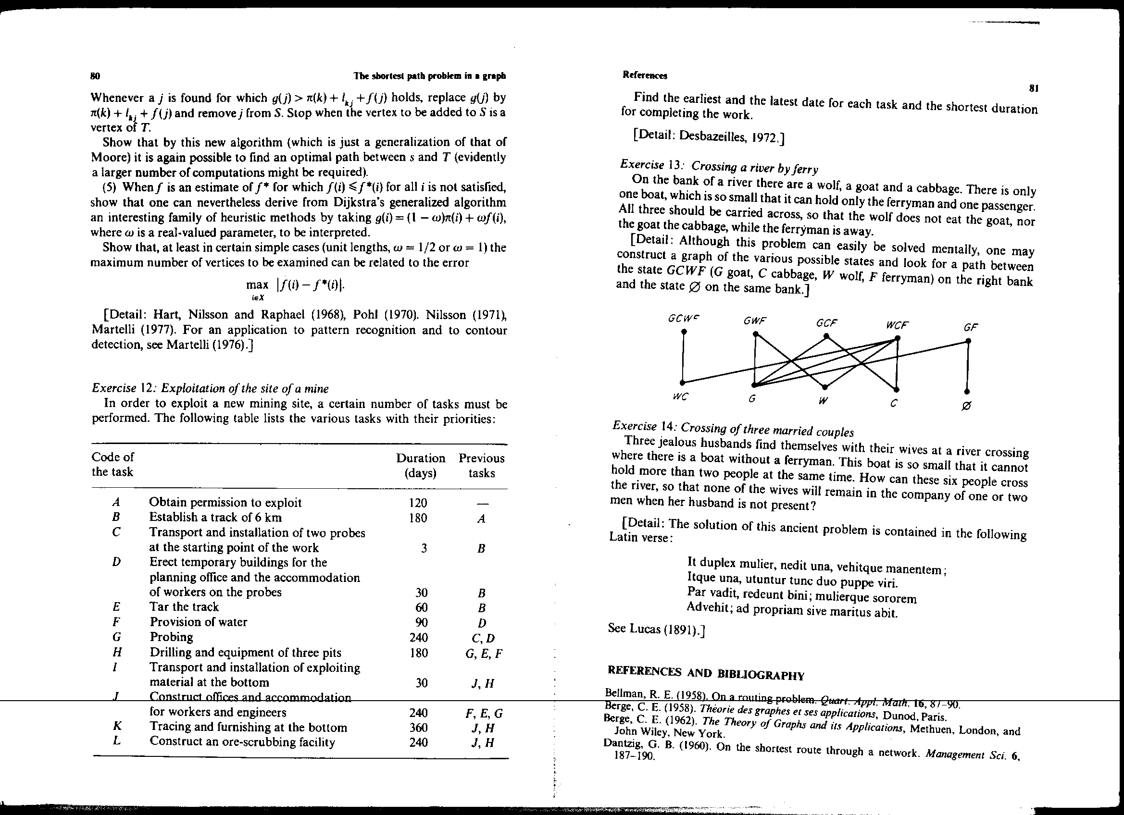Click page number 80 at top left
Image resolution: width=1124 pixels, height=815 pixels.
[x=95, y=76]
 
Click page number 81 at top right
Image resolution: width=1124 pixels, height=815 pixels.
[x=1034, y=89]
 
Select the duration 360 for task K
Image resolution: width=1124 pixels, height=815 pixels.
[x=419, y=728]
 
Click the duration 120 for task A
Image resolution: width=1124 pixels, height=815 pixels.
[x=418, y=503]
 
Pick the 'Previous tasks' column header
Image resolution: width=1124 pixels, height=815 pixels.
[x=481, y=465]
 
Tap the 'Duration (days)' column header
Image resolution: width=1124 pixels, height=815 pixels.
[x=420, y=465]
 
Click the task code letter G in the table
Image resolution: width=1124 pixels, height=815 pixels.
[x=116, y=637]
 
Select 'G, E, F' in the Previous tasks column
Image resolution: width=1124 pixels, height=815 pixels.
[x=484, y=654]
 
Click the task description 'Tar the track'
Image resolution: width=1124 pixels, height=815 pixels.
[x=184, y=607]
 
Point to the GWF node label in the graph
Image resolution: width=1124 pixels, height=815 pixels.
[x=754, y=321]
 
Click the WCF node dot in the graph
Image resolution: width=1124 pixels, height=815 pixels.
[x=897, y=338]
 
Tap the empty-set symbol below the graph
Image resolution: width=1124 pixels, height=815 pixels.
[x=966, y=406]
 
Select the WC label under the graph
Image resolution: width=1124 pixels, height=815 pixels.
[x=680, y=397]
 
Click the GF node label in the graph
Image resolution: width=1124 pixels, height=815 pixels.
[x=970, y=327]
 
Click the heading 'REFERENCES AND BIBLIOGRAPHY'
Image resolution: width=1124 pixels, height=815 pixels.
[x=706, y=673]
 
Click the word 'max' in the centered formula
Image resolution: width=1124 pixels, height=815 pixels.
[x=257, y=284]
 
